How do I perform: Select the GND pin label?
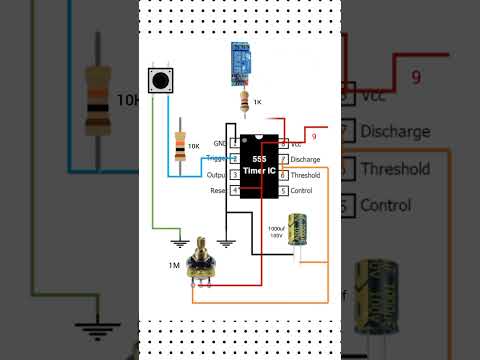pyautogui.click(x=219, y=144)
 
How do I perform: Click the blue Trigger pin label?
pyautogui.click(x=218, y=159)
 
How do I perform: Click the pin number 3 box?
pyautogui.click(x=235, y=174)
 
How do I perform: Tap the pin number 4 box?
pyautogui.click(x=235, y=190)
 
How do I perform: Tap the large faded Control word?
pyautogui.click(x=385, y=206)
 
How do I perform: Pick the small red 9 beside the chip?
pyautogui.click(x=313, y=136)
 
